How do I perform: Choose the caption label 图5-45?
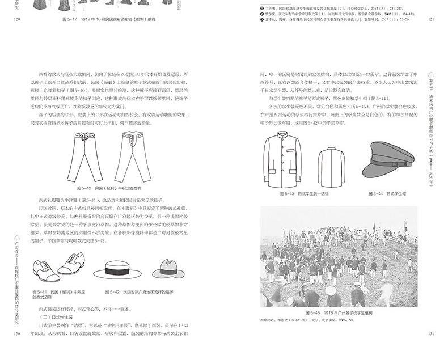click(x=314, y=313)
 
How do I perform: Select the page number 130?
click(x=16, y=334)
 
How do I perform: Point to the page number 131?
click(x=430, y=334)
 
